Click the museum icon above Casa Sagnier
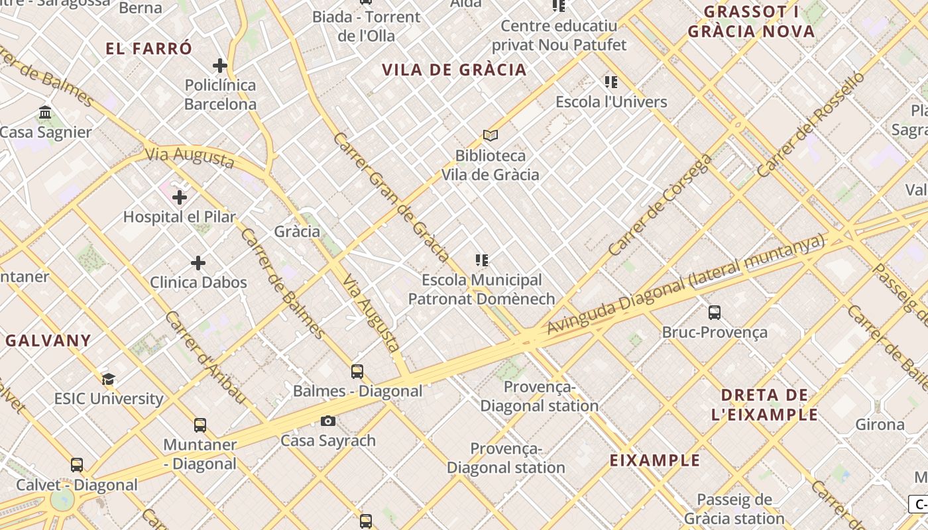pos(45,113)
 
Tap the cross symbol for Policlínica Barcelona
pos(220,66)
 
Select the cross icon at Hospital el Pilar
pos(180,197)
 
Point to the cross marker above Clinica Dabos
pos(198,263)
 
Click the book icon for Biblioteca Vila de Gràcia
pos(491,136)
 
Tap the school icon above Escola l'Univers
pos(611,82)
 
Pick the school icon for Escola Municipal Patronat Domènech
pos(482,260)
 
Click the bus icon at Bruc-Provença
pos(715,313)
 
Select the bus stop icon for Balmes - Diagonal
pos(357,372)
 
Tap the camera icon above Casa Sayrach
pos(328,421)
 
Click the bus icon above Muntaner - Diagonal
pos(200,425)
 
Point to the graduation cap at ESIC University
pos(109,380)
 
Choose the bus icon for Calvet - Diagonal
pos(77,465)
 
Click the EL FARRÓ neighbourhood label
pos(149,48)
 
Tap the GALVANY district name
pos(48,341)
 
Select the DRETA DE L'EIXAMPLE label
pos(764,405)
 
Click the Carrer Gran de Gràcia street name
pos(392,196)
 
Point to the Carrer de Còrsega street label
pos(660,205)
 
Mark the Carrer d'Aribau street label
pos(205,358)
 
